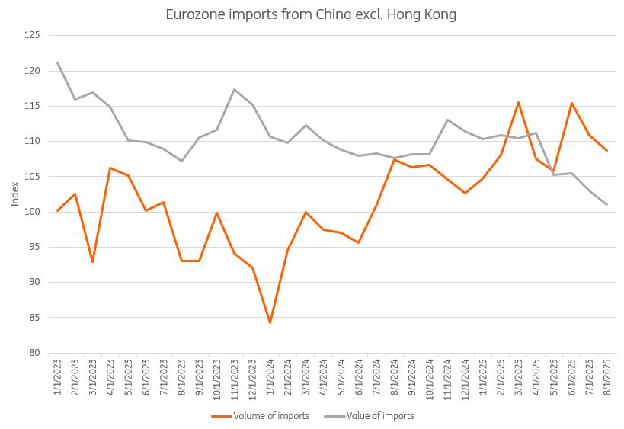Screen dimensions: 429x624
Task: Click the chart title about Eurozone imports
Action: (x=311, y=14)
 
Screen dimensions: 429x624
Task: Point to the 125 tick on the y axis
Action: (x=32, y=35)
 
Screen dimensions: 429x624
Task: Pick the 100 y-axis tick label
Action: (x=32, y=212)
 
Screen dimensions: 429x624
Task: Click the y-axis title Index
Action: (x=15, y=194)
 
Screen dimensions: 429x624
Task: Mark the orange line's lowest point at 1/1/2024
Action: (x=270, y=322)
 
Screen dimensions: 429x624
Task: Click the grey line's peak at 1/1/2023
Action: (x=58, y=62)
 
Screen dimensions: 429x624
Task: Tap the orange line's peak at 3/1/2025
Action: (x=518, y=102)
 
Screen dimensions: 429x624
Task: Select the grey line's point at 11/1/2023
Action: (x=235, y=90)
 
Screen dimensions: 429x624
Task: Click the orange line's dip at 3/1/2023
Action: (x=93, y=262)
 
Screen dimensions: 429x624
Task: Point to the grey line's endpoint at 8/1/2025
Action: (x=606, y=204)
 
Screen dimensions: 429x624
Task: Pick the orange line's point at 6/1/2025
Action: (x=571, y=103)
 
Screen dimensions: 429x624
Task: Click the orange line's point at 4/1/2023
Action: (x=110, y=168)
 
